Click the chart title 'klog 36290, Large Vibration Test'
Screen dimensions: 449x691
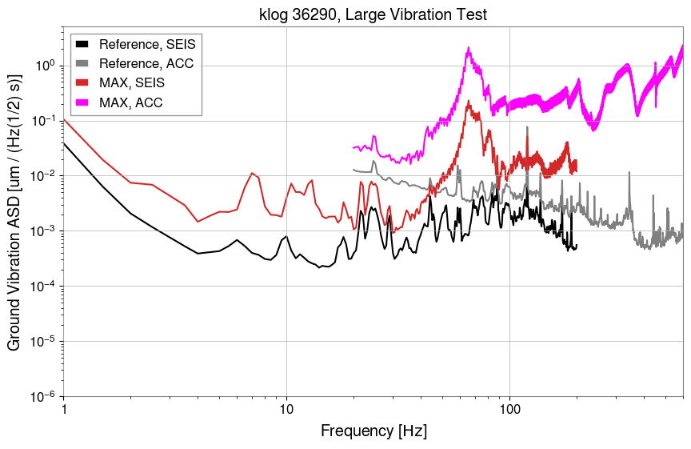(373, 15)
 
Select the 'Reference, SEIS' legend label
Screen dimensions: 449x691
(147, 45)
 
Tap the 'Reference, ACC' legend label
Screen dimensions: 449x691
(146, 63)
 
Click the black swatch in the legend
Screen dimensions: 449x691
(85, 45)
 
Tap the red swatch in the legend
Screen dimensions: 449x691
(85, 82)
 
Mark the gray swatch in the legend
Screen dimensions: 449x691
(85, 63)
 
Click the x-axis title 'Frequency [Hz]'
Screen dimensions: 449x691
(373, 431)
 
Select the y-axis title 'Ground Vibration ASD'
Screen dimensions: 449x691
(15, 212)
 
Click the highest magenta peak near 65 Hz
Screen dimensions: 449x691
(468, 48)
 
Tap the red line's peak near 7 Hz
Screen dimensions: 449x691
(252, 173)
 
